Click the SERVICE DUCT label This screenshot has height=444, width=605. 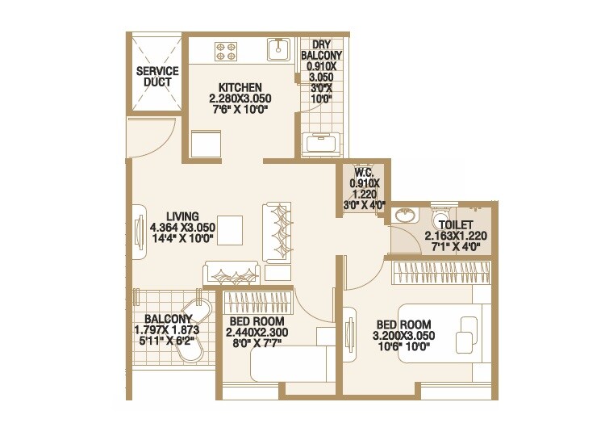157,77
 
